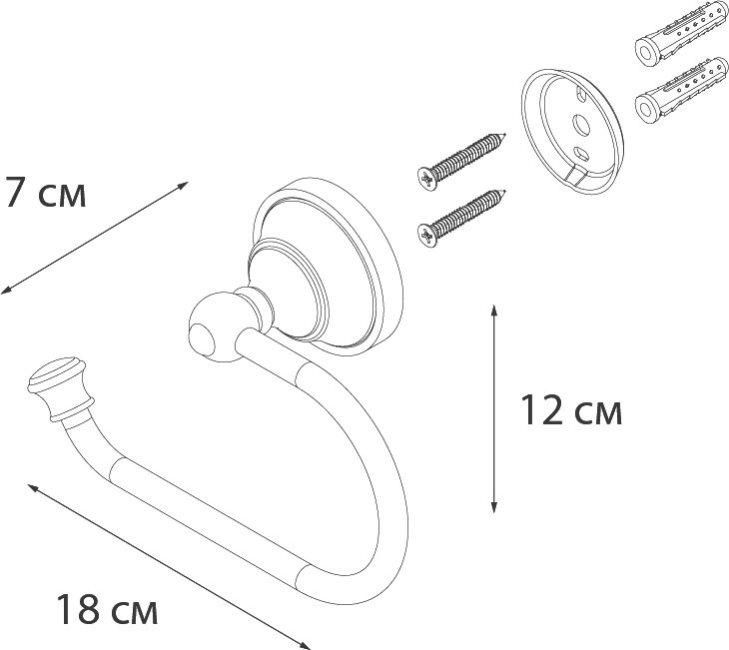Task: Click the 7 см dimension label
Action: click(x=44, y=192)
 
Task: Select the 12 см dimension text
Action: click(x=571, y=410)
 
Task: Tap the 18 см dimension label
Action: click(x=107, y=609)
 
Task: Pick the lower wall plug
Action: click(x=681, y=90)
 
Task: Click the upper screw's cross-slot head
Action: click(x=427, y=179)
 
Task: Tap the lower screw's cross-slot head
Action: click(x=427, y=236)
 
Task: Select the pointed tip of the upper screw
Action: click(x=505, y=135)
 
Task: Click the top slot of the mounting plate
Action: click(x=581, y=93)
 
